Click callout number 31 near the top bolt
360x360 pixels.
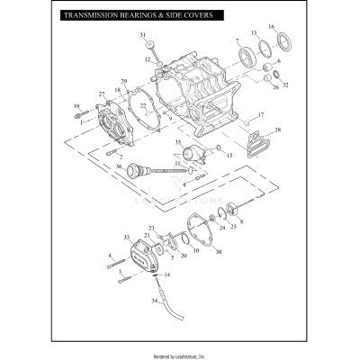pyautogui.click(x=142, y=34)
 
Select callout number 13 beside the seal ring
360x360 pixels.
pyautogui.click(x=254, y=32)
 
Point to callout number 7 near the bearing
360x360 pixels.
pyautogui.click(x=237, y=41)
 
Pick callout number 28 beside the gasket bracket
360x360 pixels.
pyautogui.click(x=277, y=130)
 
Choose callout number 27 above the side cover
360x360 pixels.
pyautogui.click(x=102, y=94)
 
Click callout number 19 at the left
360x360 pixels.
pyautogui.click(x=76, y=106)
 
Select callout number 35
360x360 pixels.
pyautogui.click(x=177, y=142)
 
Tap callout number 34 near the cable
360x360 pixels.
pyautogui.click(x=153, y=301)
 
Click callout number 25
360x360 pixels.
pyautogui.click(x=234, y=227)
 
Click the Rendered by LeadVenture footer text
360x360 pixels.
pyautogui.click(x=180, y=352)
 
